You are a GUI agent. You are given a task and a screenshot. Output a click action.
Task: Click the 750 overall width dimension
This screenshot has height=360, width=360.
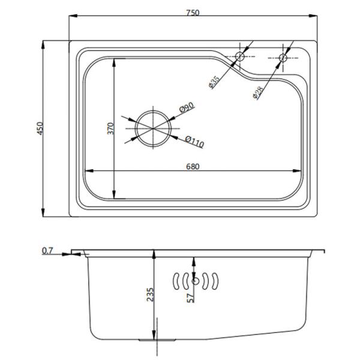[193, 13]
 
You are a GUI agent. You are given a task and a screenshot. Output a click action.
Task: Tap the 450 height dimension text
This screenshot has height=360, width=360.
[40, 128]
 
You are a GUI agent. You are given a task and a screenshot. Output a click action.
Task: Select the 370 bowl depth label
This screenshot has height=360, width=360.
[110, 128]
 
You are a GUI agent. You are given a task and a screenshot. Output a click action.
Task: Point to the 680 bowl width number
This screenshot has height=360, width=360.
[193, 166]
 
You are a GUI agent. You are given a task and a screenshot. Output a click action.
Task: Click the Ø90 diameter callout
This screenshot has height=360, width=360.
[187, 107]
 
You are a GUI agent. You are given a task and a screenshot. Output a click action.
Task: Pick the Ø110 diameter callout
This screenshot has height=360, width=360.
[194, 142]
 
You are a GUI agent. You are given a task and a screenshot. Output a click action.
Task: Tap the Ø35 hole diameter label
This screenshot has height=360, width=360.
[214, 82]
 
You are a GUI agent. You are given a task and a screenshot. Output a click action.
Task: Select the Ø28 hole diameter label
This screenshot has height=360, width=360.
[258, 93]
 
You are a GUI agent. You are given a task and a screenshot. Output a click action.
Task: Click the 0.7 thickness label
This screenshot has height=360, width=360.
[47, 251]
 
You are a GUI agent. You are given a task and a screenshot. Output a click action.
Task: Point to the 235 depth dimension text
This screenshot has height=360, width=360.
[150, 295]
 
